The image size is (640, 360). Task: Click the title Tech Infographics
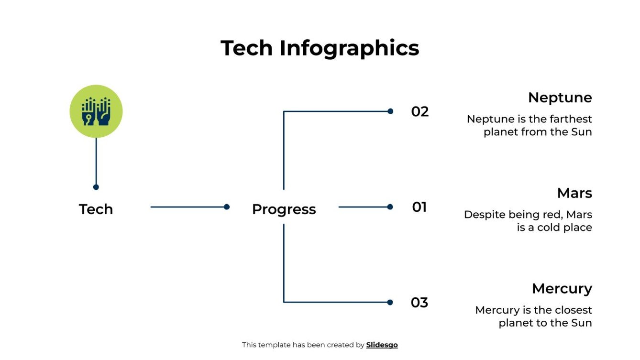[320, 48]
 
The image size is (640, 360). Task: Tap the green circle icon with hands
[96, 111]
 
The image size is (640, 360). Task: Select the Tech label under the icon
[96, 209]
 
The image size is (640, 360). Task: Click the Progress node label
[284, 209]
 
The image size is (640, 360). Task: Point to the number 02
[420, 112]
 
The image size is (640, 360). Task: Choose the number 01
[419, 207]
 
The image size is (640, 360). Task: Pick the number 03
[419, 303]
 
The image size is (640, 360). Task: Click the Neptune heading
[560, 98]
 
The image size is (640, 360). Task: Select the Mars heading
[574, 193]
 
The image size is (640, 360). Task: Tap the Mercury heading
[562, 289]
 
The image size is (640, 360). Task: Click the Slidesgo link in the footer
[382, 345]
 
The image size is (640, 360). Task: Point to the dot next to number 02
[390, 111]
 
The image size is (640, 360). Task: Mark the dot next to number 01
[390, 207]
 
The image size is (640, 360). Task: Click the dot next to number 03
[390, 302]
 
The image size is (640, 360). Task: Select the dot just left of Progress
[227, 207]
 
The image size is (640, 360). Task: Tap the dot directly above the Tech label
[96, 187]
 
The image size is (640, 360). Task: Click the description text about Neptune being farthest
[530, 125]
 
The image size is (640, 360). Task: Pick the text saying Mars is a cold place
[528, 221]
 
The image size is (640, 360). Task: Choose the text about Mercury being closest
[533, 316]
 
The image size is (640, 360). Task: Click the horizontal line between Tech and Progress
[188, 207]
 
